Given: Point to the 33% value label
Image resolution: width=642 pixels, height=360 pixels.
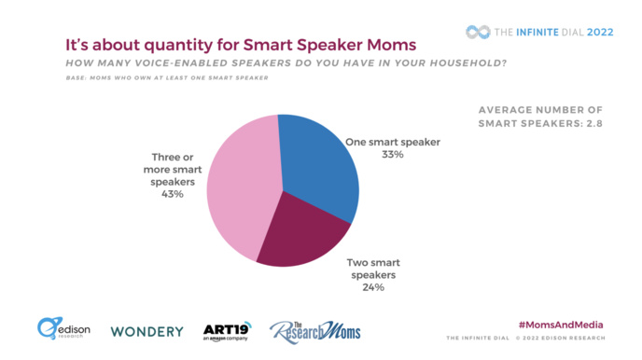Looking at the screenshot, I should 392,155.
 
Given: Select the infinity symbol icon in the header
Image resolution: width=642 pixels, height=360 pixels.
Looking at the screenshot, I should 478,32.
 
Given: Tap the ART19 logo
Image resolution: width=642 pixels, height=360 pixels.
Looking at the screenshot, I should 225,331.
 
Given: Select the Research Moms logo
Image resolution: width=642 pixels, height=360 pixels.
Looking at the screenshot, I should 314,330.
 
